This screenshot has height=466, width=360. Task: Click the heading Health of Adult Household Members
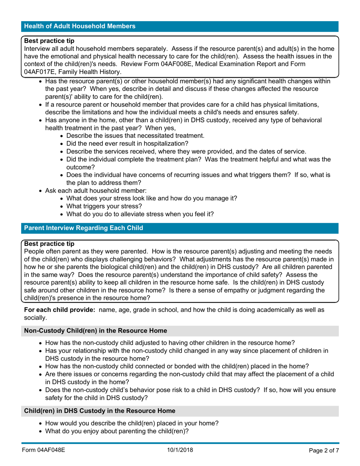click(80, 26)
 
